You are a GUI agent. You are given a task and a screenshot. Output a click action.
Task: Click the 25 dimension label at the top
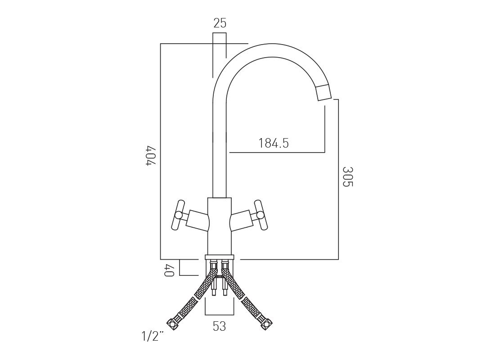(220, 23)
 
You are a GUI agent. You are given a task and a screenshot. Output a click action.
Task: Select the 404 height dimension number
(152, 155)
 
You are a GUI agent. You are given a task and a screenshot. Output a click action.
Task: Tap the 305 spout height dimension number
(347, 176)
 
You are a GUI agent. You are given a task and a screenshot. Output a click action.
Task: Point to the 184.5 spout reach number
(274, 143)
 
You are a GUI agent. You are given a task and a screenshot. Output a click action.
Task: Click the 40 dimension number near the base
(169, 270)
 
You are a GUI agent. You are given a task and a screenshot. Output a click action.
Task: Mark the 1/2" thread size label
(153, 336)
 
